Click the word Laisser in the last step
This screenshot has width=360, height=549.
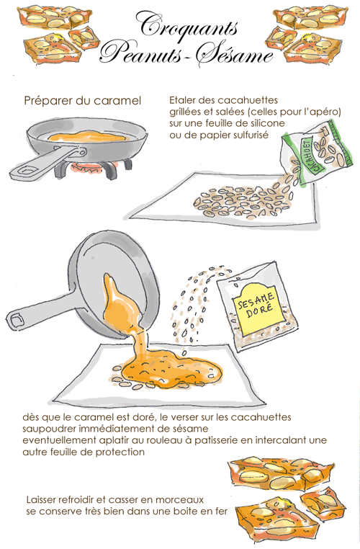[43, 499]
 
